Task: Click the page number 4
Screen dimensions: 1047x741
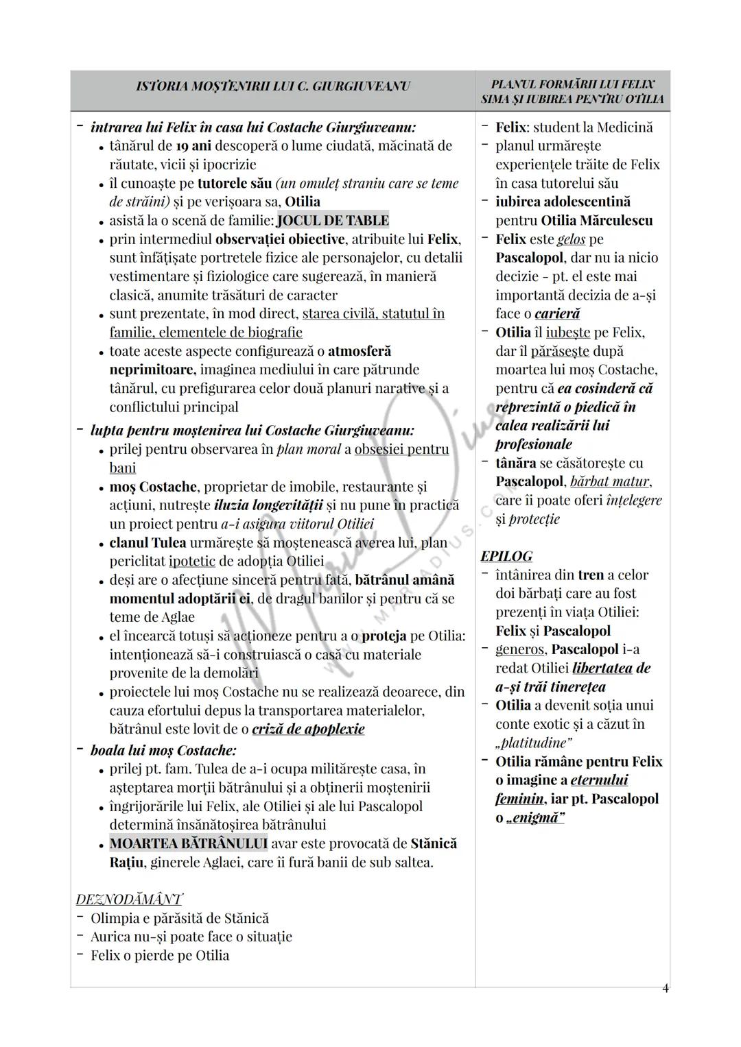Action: pyautogui.click(x=665, y=988)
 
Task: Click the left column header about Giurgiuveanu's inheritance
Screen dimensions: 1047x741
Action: pyautogui.click(x=273, y=86)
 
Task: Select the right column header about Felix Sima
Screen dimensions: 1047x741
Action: pyautogui.click(x=573, y=92)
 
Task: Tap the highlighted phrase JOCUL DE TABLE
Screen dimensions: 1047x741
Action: pyautogui.click(x=333, y=221)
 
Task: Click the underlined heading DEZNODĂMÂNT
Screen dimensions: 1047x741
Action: pyautogui.click(x=129, y=899)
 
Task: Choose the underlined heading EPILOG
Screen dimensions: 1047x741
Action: pyautogui.click(x=506, y=556)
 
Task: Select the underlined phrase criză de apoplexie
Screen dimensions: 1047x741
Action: pyautogui.click(x=308, y=729)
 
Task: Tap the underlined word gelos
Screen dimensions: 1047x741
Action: pyautogui.click(x=571, y=239)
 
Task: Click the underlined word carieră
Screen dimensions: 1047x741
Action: pyautogui.click(x=557, y=313)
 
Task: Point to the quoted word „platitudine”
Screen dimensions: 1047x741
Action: pyautogui.click(x=534, y=743)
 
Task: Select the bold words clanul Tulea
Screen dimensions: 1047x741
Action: pyautogui.click(x=148, y=542)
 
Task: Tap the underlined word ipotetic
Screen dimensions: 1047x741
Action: pyautogui.click(x=192, y=561)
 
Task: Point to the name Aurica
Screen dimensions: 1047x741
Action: pyautogui.click(x=110, y=937)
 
